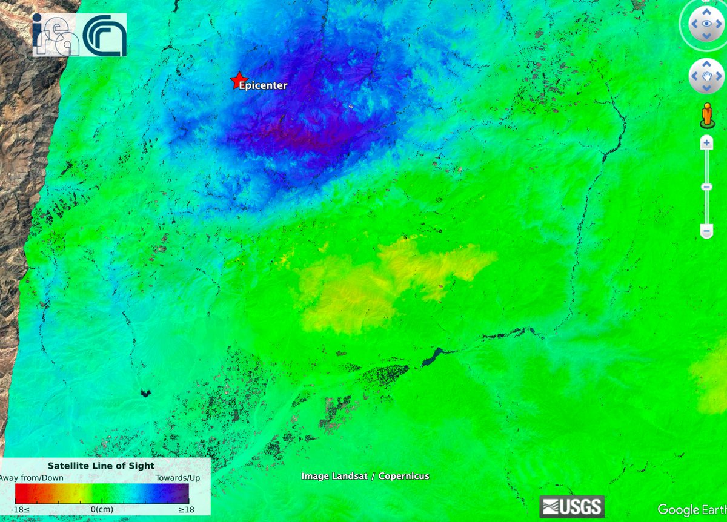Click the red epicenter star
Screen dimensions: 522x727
pyautogui.click(x=236, y=81)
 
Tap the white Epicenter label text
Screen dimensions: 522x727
pyautogui.click(x=263, y=85)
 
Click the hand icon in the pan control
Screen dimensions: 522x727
pyautogui.click(x=706, y=76)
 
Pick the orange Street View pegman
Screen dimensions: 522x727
pyautogui.click(x=706, y=115)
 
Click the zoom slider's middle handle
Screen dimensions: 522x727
pyautogui.click(x=706, y=187)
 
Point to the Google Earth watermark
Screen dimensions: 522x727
pyautogui.click(x=691, y=510)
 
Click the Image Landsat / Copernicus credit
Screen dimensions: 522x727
pyautogui.click(x=365, y=476)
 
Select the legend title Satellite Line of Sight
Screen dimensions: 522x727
pyautogui.click(x=101, y=466)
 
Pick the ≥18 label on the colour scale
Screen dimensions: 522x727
pyautogui.click(x=186, y=509)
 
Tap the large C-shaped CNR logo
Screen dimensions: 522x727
pyautogui.click(x=104, y=34)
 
